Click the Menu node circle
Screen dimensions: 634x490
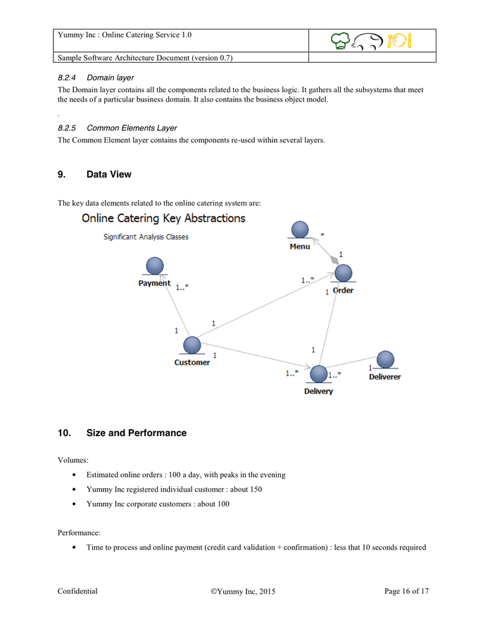300,230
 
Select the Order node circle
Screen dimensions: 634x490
343,273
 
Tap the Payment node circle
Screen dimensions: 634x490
154,266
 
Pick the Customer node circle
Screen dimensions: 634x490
191,345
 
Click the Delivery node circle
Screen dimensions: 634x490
319,374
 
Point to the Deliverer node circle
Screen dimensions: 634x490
385,360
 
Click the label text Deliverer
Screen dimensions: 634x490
384,377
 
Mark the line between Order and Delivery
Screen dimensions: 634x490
331,324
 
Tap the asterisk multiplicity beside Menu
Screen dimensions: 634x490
322,235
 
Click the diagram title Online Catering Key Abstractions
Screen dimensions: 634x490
163,218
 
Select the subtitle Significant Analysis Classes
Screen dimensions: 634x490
146,237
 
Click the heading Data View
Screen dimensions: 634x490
108,174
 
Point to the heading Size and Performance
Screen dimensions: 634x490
136,433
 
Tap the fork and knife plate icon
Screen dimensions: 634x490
399,41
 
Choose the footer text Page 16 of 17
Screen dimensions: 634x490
406,592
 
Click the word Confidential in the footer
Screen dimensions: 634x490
77,592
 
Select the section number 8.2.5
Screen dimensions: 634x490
68,128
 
